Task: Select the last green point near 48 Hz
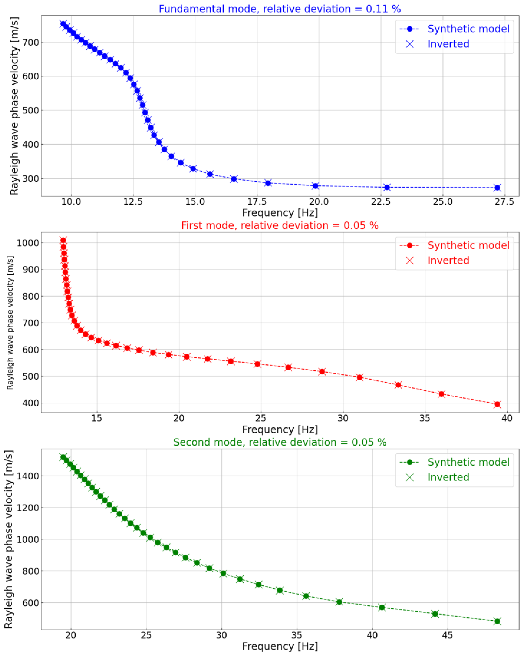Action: click(x=497, y=621)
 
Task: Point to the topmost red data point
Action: click(x=63, y=240)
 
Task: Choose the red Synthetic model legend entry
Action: click(x=468, y=245)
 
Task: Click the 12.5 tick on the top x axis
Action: click(x=133, y=202)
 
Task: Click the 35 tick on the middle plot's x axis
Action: click(x=425, y=418)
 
